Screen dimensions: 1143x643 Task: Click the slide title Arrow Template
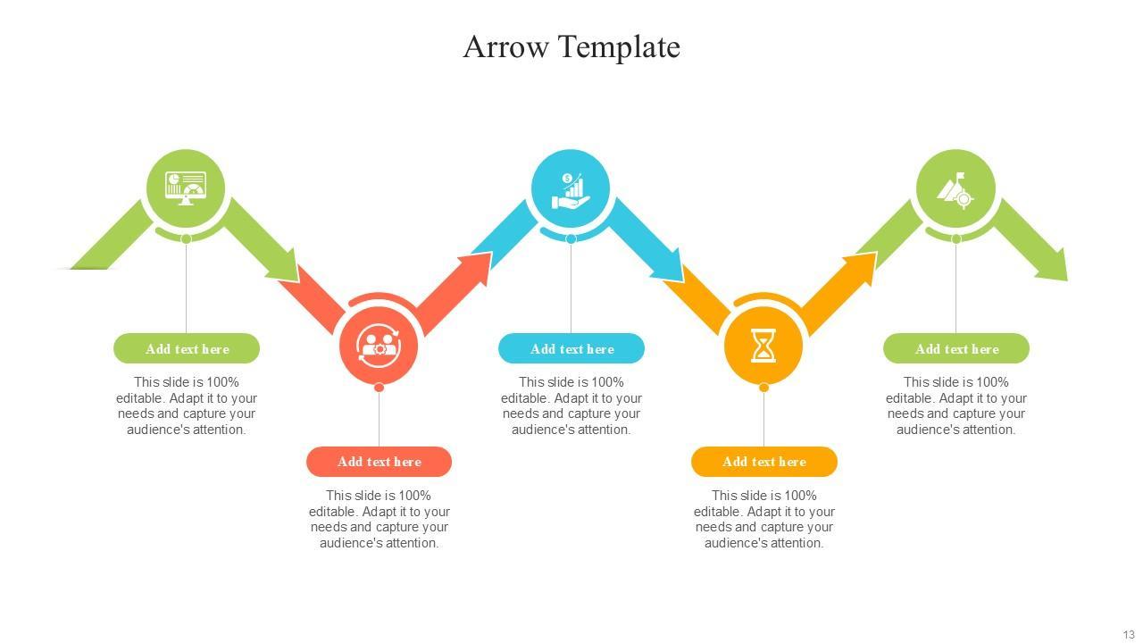571,46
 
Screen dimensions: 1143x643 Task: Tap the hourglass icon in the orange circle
763,345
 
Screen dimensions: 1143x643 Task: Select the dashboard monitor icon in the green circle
186,188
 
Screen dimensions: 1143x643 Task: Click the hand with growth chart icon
571,190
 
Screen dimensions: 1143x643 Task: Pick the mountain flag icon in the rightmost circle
955,189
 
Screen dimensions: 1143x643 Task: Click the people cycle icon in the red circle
379,345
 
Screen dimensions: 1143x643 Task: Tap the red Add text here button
379,462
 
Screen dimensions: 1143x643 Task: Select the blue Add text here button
571,348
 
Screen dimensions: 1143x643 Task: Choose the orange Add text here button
763,462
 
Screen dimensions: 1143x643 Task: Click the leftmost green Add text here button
187,348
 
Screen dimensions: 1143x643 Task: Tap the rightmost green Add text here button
956,348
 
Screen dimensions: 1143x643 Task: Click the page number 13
1129,635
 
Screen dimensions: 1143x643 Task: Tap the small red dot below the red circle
379,387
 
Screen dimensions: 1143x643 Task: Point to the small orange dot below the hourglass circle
763,387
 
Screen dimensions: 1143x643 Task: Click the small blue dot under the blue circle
571,238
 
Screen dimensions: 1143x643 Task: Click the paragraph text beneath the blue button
571,405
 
